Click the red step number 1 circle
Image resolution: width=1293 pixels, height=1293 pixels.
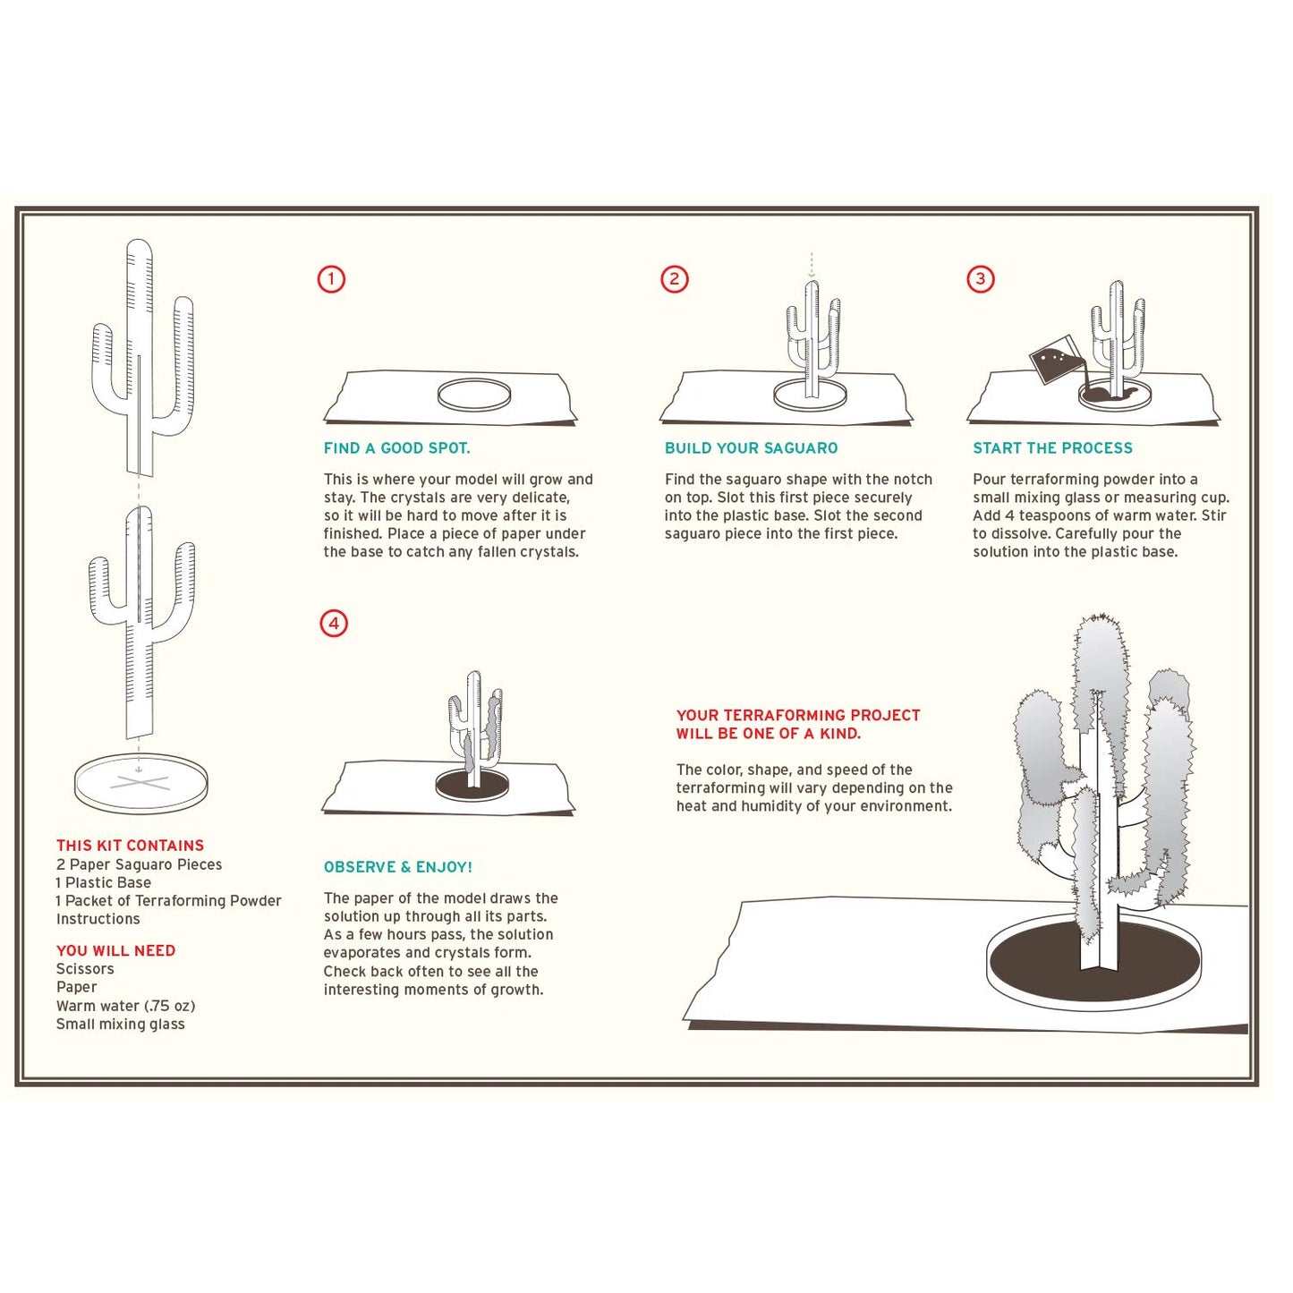(x=331, y=279)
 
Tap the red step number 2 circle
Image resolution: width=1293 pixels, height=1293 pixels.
(x=674, y=279)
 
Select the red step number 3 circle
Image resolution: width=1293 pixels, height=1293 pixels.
(x=981, y=279)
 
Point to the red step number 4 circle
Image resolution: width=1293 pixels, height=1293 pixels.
(x=334, y=624)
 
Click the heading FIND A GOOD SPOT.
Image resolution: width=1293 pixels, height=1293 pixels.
(x=396, y=448)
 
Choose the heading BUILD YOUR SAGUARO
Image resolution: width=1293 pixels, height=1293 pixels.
(x=751, y=448)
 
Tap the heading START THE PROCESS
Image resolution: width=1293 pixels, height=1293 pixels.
(x=1052, y=448)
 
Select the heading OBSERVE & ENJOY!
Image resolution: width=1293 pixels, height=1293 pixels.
(x=397, y=867)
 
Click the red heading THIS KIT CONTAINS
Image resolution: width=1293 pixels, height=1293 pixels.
(x=130, y=846)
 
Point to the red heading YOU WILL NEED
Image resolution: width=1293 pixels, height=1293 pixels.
(x=115, y=951)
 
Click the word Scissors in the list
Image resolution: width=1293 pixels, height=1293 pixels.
(x=85, y=969)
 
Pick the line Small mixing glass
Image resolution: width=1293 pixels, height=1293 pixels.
(x=120, y=1025)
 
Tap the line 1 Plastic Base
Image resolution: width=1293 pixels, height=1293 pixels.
(x=103, y=883)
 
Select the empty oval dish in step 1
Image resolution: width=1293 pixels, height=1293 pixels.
(x=474, y=395)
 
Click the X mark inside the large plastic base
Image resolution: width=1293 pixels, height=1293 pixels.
(x=140, y=784)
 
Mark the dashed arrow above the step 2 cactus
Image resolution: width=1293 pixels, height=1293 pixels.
(x=812, y=266)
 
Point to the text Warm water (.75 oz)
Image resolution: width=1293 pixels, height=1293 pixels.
(x=125, y=1007)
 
